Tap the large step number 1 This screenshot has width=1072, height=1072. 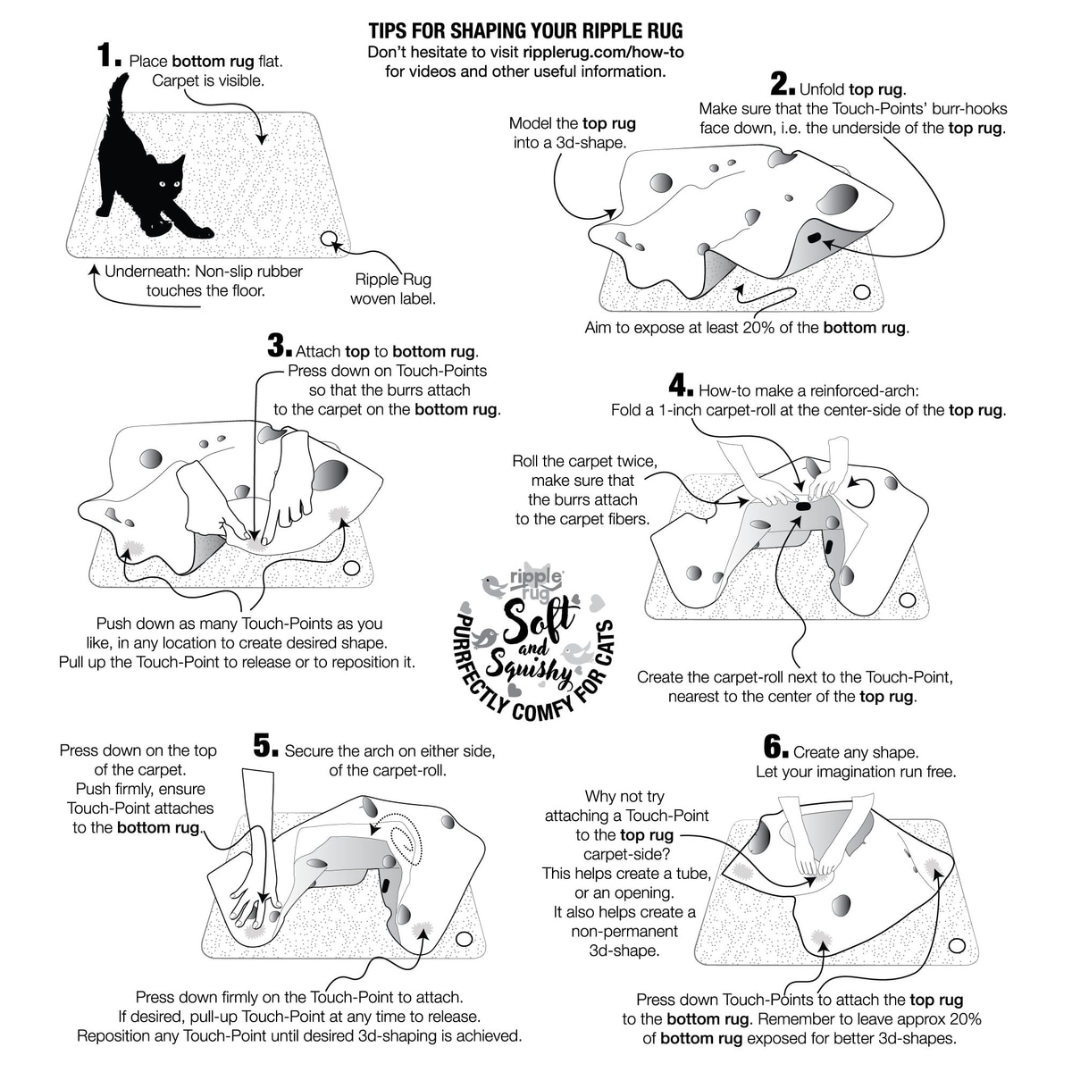(x=108, y=57)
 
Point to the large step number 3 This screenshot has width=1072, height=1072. (x=278, y=346)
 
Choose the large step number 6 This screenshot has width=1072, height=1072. (x=774, y=747)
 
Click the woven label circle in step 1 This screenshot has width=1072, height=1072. (x=329, y=239)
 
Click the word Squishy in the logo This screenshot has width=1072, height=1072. (x=536, y=661)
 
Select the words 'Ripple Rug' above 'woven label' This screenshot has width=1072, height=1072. (x=392, y=280)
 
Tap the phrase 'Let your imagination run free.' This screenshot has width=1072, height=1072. (x=855, y=772)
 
